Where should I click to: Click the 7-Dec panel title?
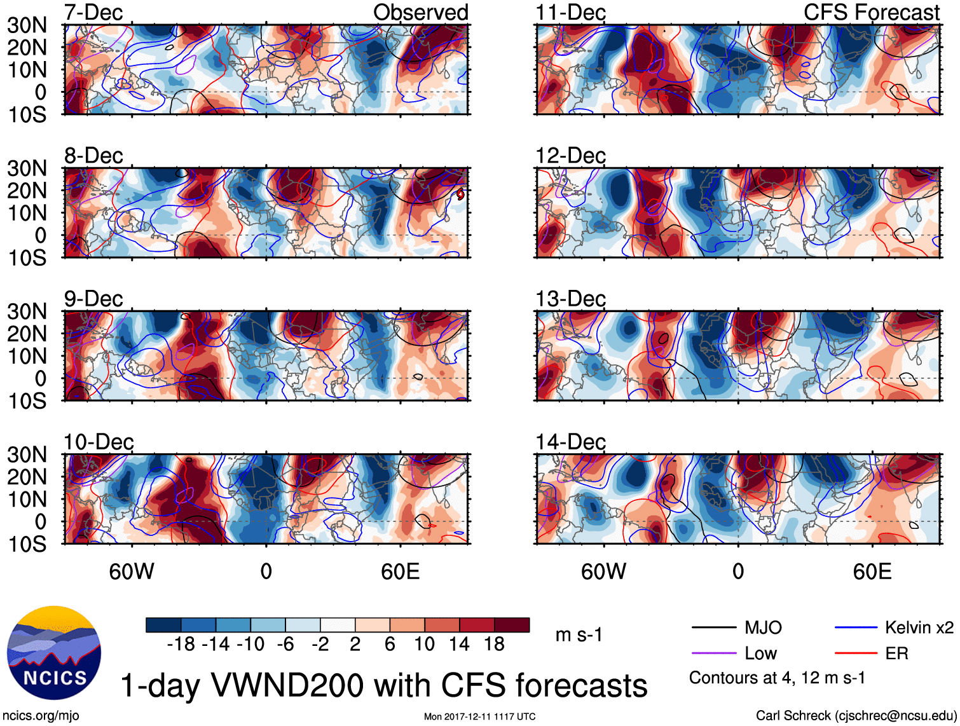[93, 12]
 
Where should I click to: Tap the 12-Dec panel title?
[570, 156]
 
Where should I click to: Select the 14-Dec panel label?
[570, 442]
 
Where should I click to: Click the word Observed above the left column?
[420, 12]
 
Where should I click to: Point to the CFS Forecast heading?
[871, 12]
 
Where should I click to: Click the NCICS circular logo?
[53, 653]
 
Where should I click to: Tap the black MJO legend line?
[714, 628]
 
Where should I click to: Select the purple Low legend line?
[714, 654]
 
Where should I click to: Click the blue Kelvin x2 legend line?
[856, 628]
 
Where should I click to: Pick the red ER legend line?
[856, 654]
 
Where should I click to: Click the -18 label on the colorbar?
[181, 645]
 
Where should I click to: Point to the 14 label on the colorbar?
[459, 645]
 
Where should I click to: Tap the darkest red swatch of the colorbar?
[512, 625]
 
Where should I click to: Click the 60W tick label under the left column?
[132, 572]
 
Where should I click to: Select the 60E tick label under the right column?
[872, 572]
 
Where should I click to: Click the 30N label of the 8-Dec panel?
[27, 168]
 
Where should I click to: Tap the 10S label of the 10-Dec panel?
[27, 544]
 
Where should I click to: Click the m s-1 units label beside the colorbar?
[579, 634]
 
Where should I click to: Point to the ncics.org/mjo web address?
[41, 716]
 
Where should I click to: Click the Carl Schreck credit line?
[856, 716]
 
